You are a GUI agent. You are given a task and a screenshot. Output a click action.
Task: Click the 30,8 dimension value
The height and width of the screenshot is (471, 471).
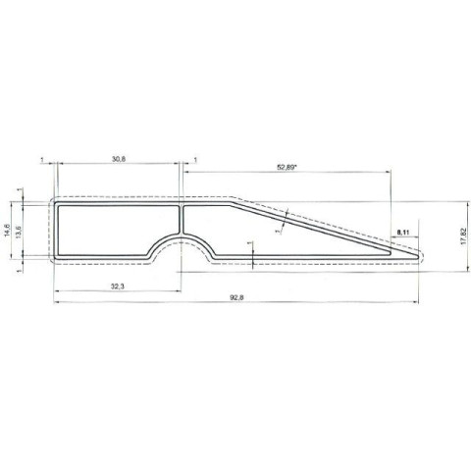(118, 158)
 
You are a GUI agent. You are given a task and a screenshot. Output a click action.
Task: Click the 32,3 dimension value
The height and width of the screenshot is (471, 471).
(118, 284)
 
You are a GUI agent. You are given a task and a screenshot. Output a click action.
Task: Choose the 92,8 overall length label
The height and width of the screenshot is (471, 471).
(236, 296)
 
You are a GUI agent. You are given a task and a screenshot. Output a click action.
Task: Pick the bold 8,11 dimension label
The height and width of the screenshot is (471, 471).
(402, 232)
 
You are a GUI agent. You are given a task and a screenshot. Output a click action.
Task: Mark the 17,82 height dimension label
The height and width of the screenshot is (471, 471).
(462, 235)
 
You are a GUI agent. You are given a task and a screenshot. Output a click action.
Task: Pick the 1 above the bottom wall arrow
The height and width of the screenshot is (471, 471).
(251, 244)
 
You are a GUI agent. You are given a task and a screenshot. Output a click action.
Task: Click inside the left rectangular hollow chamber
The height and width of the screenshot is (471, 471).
(108, 229)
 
